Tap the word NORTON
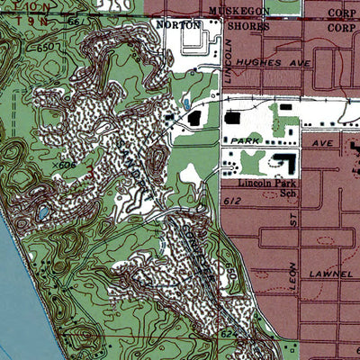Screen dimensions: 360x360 click(x=176, y=25)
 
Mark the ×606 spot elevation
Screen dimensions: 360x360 click(x=60, y=166)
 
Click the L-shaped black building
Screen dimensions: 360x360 click(x=285, y=164)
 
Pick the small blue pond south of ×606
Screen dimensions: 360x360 click(x=42, y=212)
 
